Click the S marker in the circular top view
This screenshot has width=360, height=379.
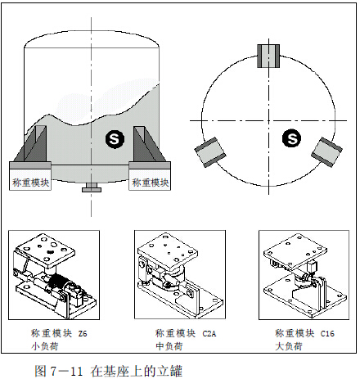point(292,140)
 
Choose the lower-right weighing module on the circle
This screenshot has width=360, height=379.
point(329,148)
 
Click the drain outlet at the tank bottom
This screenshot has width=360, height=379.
point(90,191)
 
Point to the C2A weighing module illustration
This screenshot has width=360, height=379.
point(173,272)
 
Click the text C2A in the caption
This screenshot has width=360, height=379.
point(209,333)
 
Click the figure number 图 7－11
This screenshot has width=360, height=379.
point(62,368)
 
